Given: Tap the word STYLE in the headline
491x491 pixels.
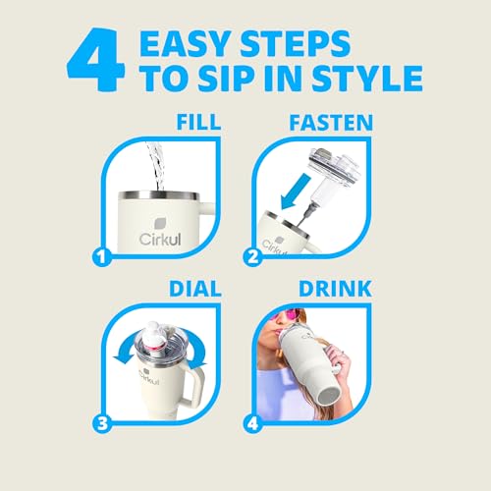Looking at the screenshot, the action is coord(366,79).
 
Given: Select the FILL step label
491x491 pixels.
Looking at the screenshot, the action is coord(198,122).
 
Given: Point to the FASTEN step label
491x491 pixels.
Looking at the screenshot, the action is coord(331,122).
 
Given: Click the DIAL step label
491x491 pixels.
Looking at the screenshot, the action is coord(194,289).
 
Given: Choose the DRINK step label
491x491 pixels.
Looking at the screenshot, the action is coord(335,289).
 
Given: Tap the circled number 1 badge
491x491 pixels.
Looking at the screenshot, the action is coord(102,257).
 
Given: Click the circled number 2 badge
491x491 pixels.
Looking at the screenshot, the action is coord(253,257).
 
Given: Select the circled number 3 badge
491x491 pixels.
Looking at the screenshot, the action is coord(102,423).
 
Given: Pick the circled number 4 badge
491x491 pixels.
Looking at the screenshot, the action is coord(253,423).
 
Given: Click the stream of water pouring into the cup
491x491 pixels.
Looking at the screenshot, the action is coord(155,166).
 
